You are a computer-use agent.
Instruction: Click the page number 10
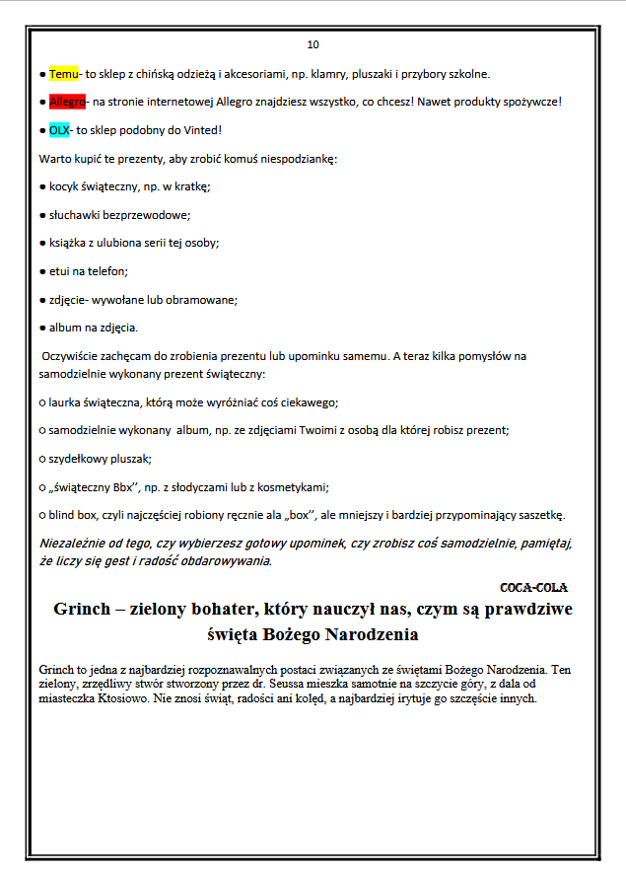[313, 44]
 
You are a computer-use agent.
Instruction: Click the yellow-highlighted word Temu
[63, 74]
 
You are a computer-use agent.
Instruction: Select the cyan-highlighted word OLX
[59, 130]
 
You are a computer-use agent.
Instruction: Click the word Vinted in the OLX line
[201, 130]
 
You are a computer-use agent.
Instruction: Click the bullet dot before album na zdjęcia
[41, 328]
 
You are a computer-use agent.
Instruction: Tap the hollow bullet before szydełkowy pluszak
[41, 459]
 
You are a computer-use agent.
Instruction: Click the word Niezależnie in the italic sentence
[75, 543]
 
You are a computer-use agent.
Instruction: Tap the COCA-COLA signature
[533, 587]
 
